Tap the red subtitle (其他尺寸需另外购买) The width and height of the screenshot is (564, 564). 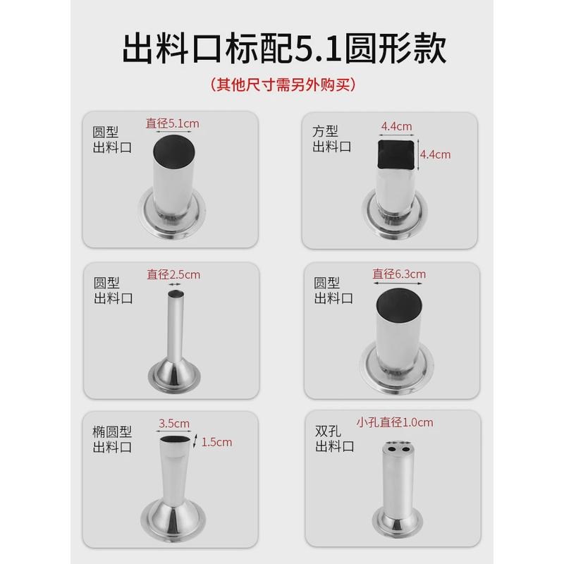[282, 85]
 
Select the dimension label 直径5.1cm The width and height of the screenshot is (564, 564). [173, 123]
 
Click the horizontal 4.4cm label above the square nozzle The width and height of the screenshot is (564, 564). [396, 127]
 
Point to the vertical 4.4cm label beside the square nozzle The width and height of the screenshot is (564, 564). [434, 154]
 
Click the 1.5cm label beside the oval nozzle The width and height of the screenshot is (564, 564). [217, 442]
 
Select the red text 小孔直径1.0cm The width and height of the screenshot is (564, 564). [395, 423]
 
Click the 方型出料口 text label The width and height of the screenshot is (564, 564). [332, 139]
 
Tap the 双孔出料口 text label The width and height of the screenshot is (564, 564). [332, 439]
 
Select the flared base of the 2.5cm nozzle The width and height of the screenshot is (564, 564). [173, 374]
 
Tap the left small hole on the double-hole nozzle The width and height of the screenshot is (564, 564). [388, 446]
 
